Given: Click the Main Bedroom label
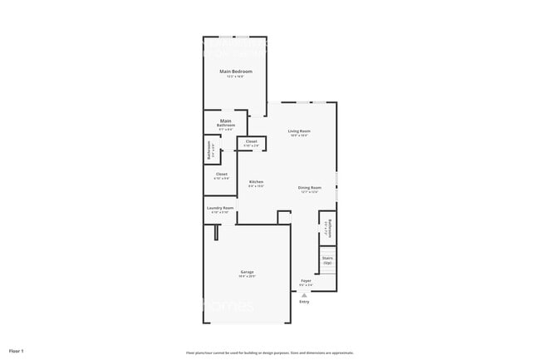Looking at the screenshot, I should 236,72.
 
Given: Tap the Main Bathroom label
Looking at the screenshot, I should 226,123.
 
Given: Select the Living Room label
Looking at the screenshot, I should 299,131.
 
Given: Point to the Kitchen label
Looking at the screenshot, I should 257,182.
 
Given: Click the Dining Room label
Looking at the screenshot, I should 310,187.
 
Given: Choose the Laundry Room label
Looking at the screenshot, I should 220,208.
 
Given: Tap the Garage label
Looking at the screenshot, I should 248,272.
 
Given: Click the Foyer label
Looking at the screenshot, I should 306,281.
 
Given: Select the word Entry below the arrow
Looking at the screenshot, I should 304,301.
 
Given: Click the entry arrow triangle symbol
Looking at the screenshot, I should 304,294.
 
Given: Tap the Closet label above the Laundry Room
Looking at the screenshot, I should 221,175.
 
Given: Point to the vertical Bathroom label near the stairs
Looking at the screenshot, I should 329,229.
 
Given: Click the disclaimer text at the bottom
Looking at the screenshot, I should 270,352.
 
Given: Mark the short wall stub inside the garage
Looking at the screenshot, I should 215,232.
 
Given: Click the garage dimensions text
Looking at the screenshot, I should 248,277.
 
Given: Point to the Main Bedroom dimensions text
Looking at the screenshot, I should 236,76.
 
